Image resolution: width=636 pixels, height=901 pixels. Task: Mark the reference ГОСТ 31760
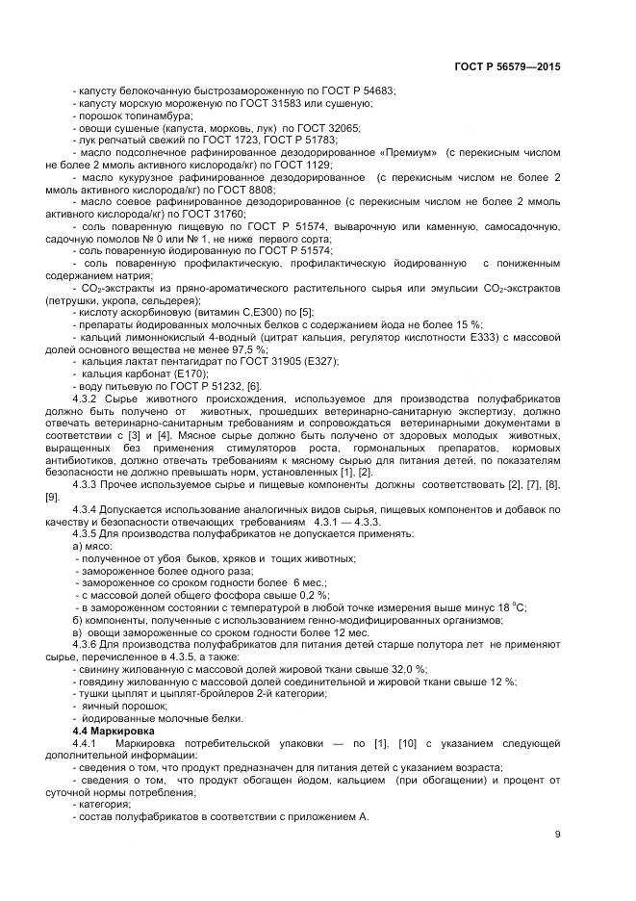[x=217, y=216]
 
